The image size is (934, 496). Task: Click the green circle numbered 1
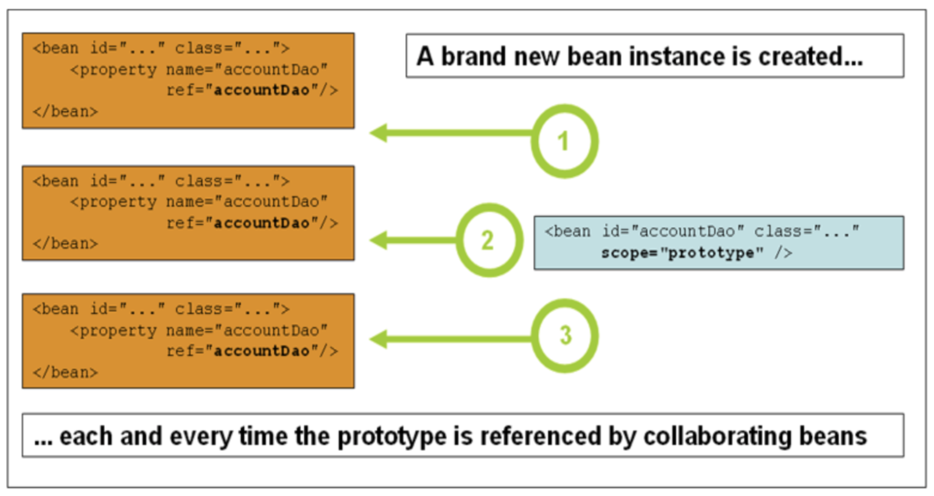point(564,141)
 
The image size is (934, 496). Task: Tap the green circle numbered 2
point(489,240)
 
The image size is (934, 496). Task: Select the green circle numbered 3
point(564,335)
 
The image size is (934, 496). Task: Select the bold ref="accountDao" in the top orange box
point(252,90)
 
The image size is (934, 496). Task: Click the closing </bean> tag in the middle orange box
point(65,244)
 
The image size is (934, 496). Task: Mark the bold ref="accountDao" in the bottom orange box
point(252,351)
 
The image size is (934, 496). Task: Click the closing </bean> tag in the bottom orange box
point(65,372)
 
